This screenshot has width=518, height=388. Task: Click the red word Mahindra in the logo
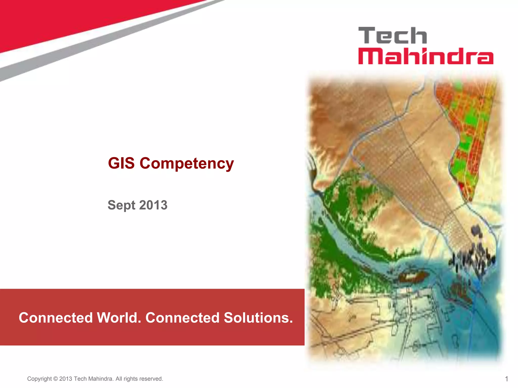click(426, 56)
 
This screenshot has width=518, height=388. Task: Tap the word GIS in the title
click(121, 163)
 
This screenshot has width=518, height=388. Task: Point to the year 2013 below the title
click(153, 205)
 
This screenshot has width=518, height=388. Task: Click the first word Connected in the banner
click(56, 318)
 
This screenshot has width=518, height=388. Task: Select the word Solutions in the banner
click(258, 318)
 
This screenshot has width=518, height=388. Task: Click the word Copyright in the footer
click(39, 379)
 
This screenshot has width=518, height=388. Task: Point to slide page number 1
click(506, 379)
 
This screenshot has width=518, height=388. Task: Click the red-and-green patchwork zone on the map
click(468, 131)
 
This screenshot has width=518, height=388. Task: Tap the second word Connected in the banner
click(182, 318)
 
